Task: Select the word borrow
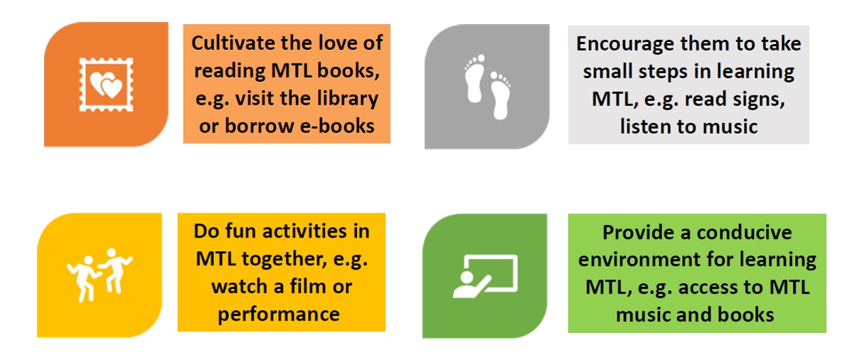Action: (x=259, y=126)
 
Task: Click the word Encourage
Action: (x=624, y=44)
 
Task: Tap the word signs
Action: (x=758, y=100)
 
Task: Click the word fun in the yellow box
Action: (x=240, y=231)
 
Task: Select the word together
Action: (x=284, y=259)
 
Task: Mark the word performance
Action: (x=279, y=314)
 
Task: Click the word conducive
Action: (x=744, y=232)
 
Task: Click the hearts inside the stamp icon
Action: (x=106, y=85)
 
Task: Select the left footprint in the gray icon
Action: (x=475, y=78)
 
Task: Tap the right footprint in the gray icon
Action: (x=501, y=95)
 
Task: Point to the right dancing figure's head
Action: (x=112, y=253)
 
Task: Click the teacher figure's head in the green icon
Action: (x=467, y=277)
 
